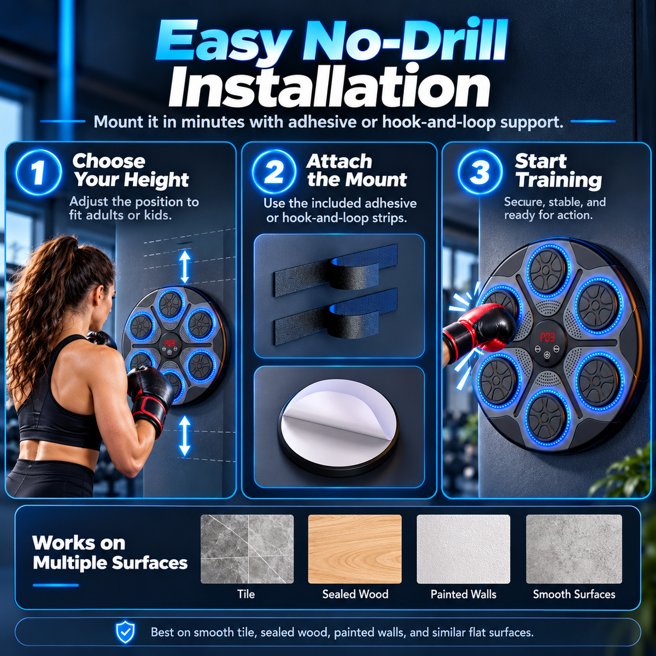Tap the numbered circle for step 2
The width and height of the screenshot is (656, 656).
pyautogui.click(x=274, y=172)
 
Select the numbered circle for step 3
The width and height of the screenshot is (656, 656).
pyautogui.click(x=480, y=172)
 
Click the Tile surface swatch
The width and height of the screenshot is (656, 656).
pyautogui.click(x=247, y=549)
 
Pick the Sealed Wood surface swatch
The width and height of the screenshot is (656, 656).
pyautogui.click(x=355, y=549)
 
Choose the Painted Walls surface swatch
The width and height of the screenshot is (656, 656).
pyautogui.click(x=464, y=549)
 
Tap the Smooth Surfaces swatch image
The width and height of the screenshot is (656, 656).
pyautogui.click(x=574, y=549)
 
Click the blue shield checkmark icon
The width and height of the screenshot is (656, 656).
pyautogui.click(x=125, y=632)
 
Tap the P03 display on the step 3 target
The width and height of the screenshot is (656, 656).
pyautogui.click(x=547, y=337)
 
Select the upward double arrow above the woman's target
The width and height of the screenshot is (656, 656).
pyautogui.click(x=185, y=267)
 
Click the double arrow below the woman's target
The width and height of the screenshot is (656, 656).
pyautogui.click(x=185, y=436)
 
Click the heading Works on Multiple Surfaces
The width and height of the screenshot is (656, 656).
pyautogui.click(x=110, y=553)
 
